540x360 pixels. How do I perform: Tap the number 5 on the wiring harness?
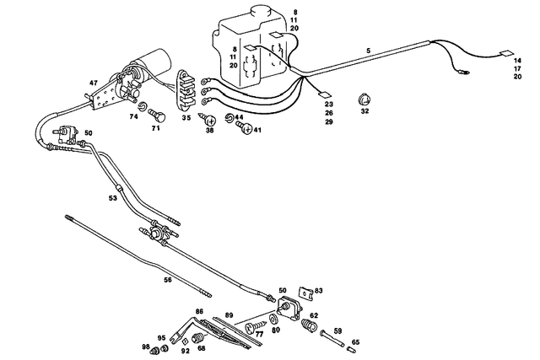[369, 51]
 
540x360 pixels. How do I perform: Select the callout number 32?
[364, 110]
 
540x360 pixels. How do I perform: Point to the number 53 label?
[112, 199]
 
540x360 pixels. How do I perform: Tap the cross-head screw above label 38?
[205, 118]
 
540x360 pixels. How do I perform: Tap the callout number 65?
[355, 341]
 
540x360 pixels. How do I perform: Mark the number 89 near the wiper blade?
[229, 314]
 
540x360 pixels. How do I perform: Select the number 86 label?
[199, 312]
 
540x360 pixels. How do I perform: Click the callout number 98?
[145, 347]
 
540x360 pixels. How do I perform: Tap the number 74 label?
[133, 118]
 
